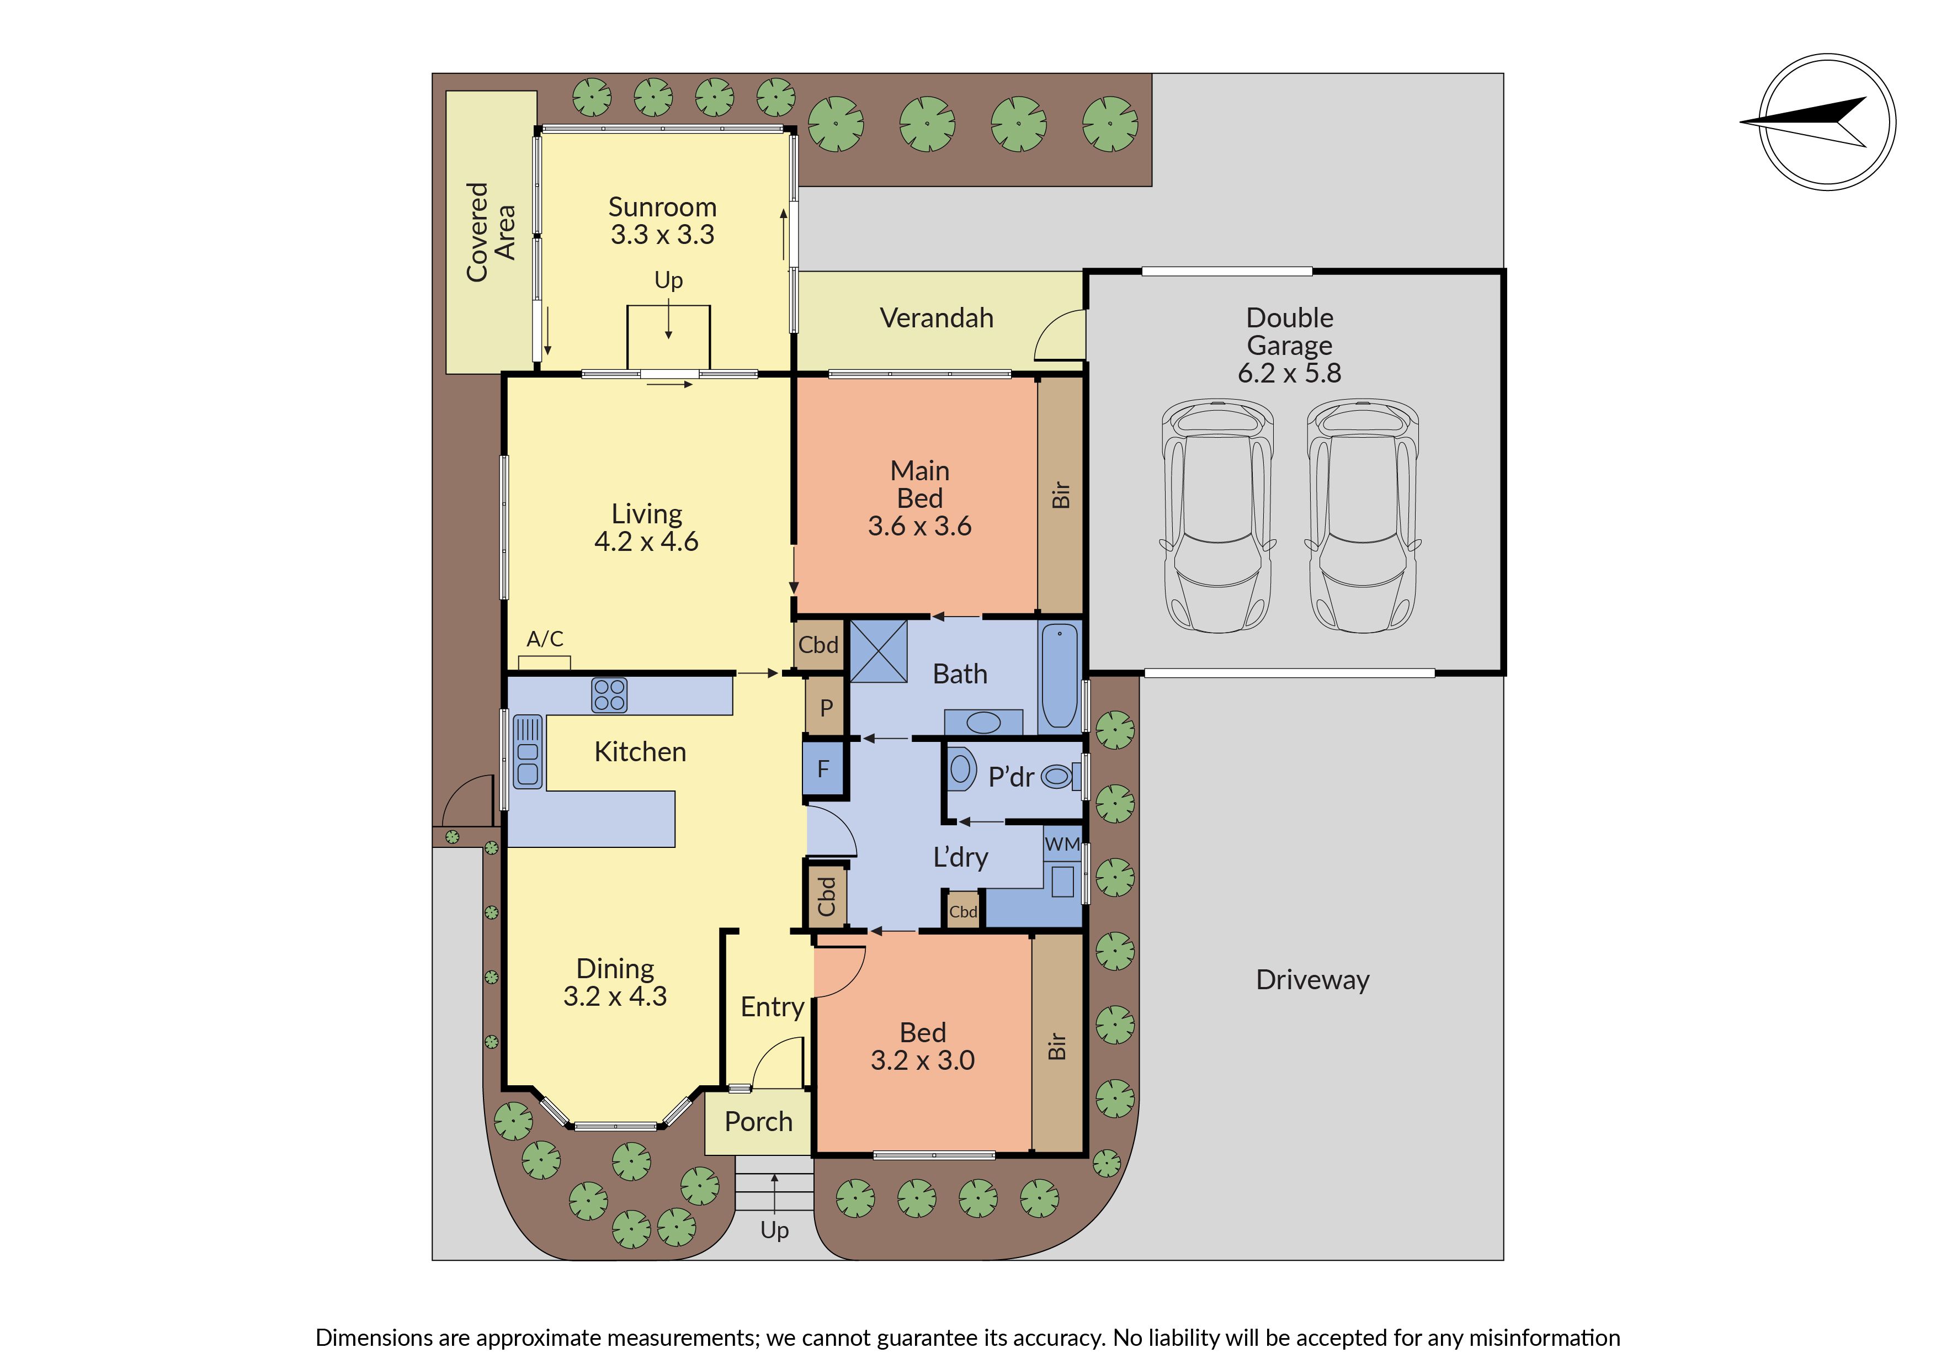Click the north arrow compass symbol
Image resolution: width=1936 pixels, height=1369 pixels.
tap(1827, 123)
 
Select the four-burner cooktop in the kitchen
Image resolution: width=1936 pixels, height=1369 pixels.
tap(609, 695)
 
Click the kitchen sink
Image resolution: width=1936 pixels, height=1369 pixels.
tap(528, 751)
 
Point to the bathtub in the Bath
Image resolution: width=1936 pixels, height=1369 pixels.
tap(1059, 676)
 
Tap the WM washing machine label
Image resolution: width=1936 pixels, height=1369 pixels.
tap(1062, 843)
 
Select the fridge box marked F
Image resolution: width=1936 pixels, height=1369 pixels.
tap(824, 768)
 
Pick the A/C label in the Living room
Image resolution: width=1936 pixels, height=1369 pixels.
tap(545, 639)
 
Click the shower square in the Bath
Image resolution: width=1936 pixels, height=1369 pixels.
tap(879, 651)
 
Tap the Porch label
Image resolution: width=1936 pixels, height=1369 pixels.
tap(758, 1122)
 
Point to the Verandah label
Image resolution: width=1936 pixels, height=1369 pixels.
tap(936, 318)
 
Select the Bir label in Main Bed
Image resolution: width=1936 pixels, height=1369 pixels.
tap(1060, 495)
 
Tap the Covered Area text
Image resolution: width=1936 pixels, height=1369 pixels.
tap(491, 232)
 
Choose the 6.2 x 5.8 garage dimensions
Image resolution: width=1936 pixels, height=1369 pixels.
tap(1289, 373)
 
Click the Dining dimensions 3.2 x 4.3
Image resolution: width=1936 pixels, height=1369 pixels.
tap(615, 996)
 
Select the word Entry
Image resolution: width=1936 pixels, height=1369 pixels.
tap(773, 1007)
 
